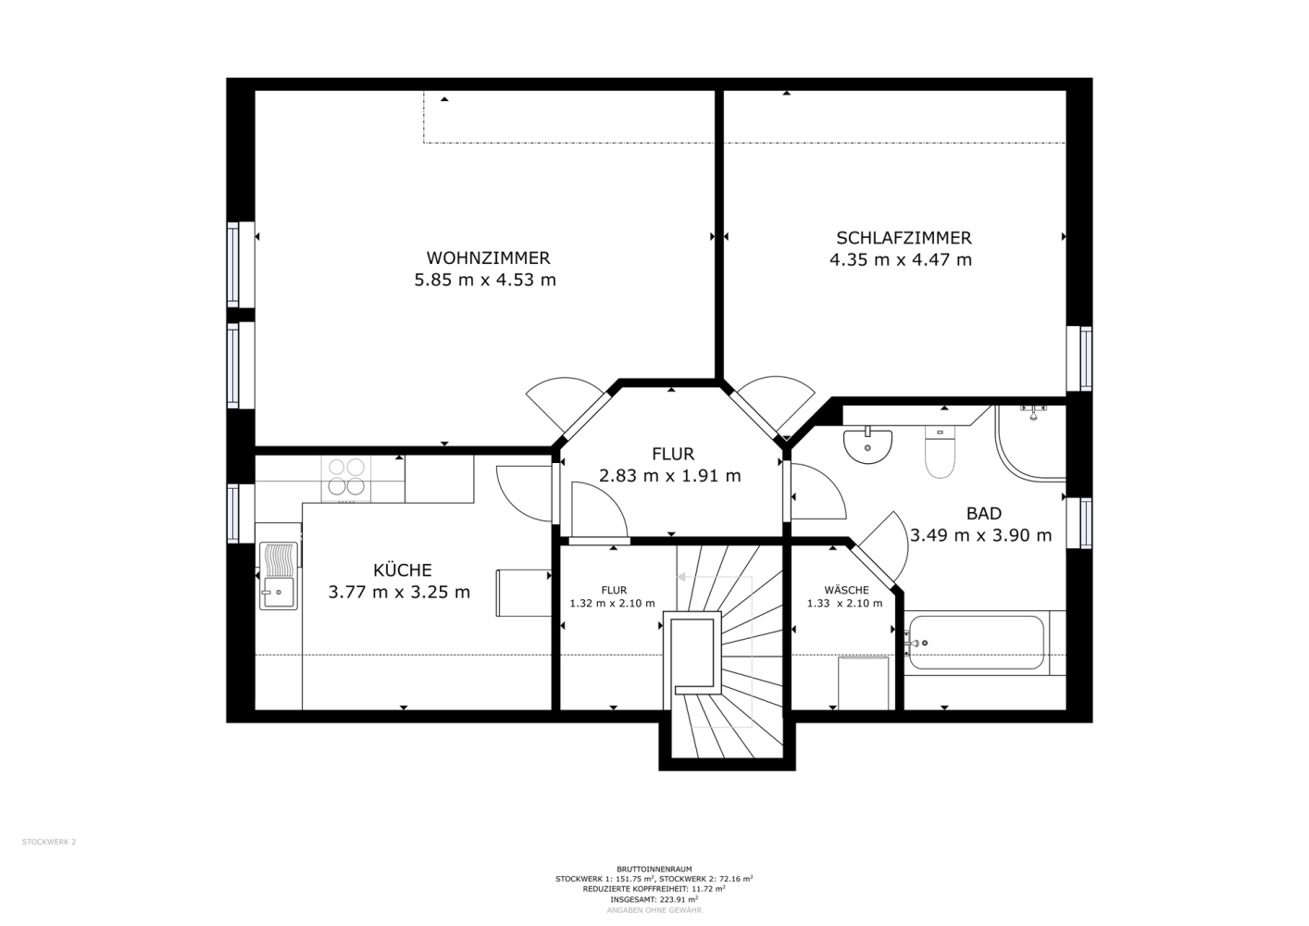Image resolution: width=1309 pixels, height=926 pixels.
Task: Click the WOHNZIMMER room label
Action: click(488, 257)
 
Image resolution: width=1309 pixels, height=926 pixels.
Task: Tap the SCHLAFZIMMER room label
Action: click(904, 238)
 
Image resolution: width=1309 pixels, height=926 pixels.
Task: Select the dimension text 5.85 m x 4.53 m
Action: click(485, 280)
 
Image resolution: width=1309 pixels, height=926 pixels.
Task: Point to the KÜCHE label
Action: click(402, 569)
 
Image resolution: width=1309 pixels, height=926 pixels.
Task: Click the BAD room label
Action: click(983, 513)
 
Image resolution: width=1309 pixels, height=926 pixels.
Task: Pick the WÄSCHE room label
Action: click(846, 590)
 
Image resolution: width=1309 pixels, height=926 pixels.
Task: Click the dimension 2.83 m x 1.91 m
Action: click(669, 476)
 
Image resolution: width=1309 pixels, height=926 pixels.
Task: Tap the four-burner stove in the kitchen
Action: click(346, 478)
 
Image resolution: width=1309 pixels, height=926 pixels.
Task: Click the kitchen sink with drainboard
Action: click(279, 576)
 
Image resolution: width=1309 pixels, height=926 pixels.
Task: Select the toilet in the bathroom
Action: click(940, 452)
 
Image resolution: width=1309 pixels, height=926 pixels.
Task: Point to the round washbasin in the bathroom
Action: click(867, 446)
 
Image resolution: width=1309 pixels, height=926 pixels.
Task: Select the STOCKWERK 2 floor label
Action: click(49, 842)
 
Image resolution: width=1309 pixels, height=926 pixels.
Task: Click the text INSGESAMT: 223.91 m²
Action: click(654, 900)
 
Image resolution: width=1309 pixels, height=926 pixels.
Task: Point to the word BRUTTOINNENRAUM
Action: click(654, 870)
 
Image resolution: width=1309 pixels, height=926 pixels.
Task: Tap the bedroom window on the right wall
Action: click(1079, 358)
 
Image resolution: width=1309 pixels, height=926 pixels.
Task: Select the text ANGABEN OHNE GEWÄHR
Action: click(654, 910)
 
